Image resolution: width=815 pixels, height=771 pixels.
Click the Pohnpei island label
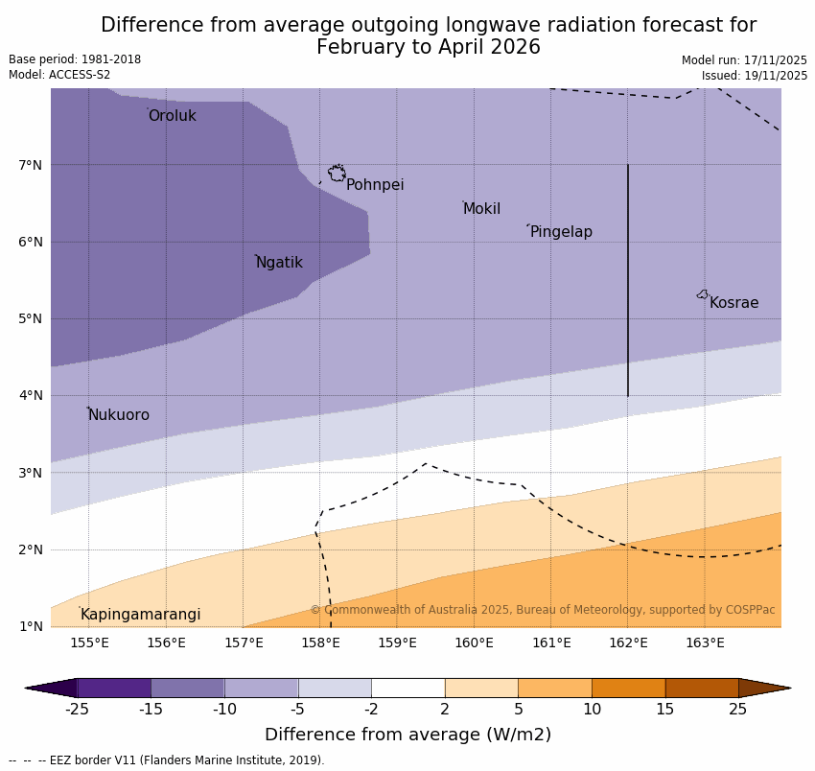pyautogui.click(x=375, y=185)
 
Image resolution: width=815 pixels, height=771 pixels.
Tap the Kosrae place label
pyautogui.click(x=733, y=303)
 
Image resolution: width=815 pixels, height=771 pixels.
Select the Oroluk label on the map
pyautogui.click(x=173, y=116)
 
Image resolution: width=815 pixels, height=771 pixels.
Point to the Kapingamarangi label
pyautogui.click(x=140, y=615)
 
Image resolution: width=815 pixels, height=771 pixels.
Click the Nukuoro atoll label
pyautogui.click(x=119, y=415)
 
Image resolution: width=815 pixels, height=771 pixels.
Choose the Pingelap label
pyautogui.click(x=561, y=232)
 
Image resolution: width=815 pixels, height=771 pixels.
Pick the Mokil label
pyautogui.click(x=481, y=209)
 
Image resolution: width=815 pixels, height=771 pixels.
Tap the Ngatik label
pyautogui.click(x=279, y=263)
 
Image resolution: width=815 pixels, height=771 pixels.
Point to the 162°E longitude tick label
pyautogui.click(x=628, y=642)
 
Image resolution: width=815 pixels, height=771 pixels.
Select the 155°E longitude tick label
pyautogui.click(x=89, y=642)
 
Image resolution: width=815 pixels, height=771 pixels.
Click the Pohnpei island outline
pyautogui.click(x=337, y=173)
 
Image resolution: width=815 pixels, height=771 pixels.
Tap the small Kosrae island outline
pyautogui.click(x=703, y=294)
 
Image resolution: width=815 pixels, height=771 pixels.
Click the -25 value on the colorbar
pyautogui.click(x=77, y=710)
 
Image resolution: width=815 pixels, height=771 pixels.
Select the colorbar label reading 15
pyautogui.click(x=665, y=710)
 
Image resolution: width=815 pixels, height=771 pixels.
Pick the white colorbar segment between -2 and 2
pyautogui.click(x=408, y=688)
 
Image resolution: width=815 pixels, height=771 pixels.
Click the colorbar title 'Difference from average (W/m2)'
pyautogui.click(x=407, y=736)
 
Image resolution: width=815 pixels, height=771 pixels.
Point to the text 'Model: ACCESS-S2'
pyautogui.click(x=59, y=75)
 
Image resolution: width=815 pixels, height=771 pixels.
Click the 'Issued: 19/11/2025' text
pyautogui.click(x=755, y=76)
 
